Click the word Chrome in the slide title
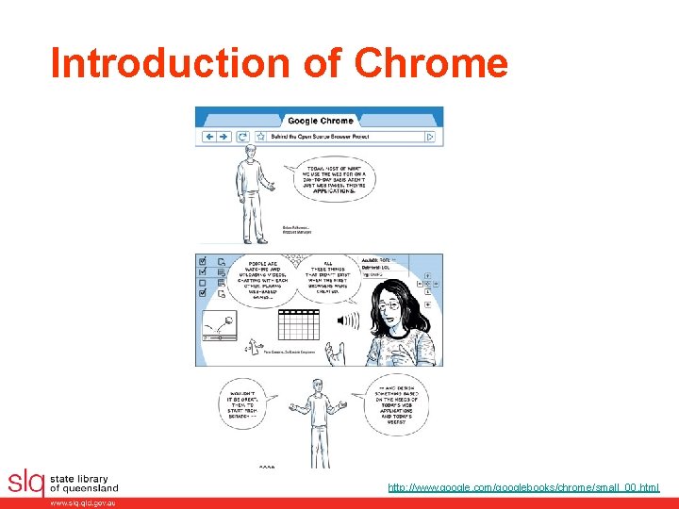431,62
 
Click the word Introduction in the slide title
172,62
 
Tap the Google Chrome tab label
320,121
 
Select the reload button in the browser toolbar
242,137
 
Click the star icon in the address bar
260,137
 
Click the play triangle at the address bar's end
430,137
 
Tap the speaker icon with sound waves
347,321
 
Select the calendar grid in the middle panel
300,324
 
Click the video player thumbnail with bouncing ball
219,325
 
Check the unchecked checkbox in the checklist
202,283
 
